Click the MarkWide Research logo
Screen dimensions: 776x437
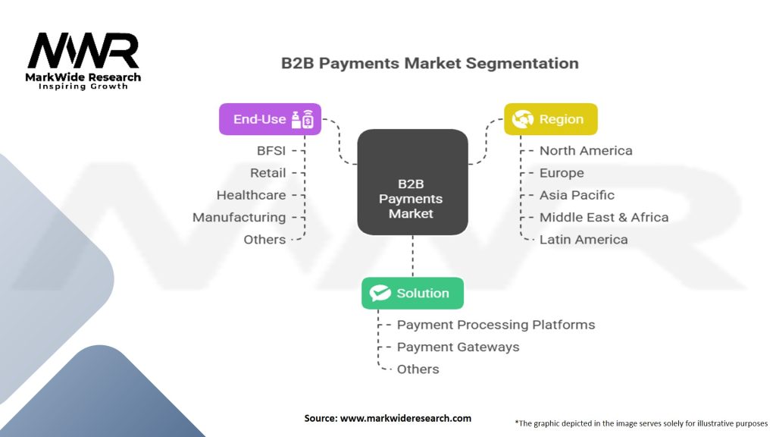[x=84, y=61]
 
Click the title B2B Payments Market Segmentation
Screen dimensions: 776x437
[x=430, y=63]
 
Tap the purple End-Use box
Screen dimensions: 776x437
[x=270, y=119]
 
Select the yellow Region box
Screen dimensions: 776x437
[x=551, y=119]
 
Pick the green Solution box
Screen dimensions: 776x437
[x=412, y=293]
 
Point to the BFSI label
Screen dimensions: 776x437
[x=271, y=151]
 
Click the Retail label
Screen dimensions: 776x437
[x=268, y=173]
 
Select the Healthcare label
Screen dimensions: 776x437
[x=252, y=195]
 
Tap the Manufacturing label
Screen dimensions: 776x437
[x=239, y=217]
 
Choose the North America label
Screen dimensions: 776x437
[x=586, y=151]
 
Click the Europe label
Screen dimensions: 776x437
[x=562, y=173]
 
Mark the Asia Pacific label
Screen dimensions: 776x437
[x=577, y=195]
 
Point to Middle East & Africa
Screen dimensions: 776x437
[x=604, y=217]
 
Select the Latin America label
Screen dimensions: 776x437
[x=584, y=239]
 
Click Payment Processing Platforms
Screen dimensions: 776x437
[x=496, y=325]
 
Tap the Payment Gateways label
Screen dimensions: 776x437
[x=458, y=347]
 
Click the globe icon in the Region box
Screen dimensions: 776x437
[x=523, y=119]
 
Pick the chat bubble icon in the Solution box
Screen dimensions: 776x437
[x=380, y=293]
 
